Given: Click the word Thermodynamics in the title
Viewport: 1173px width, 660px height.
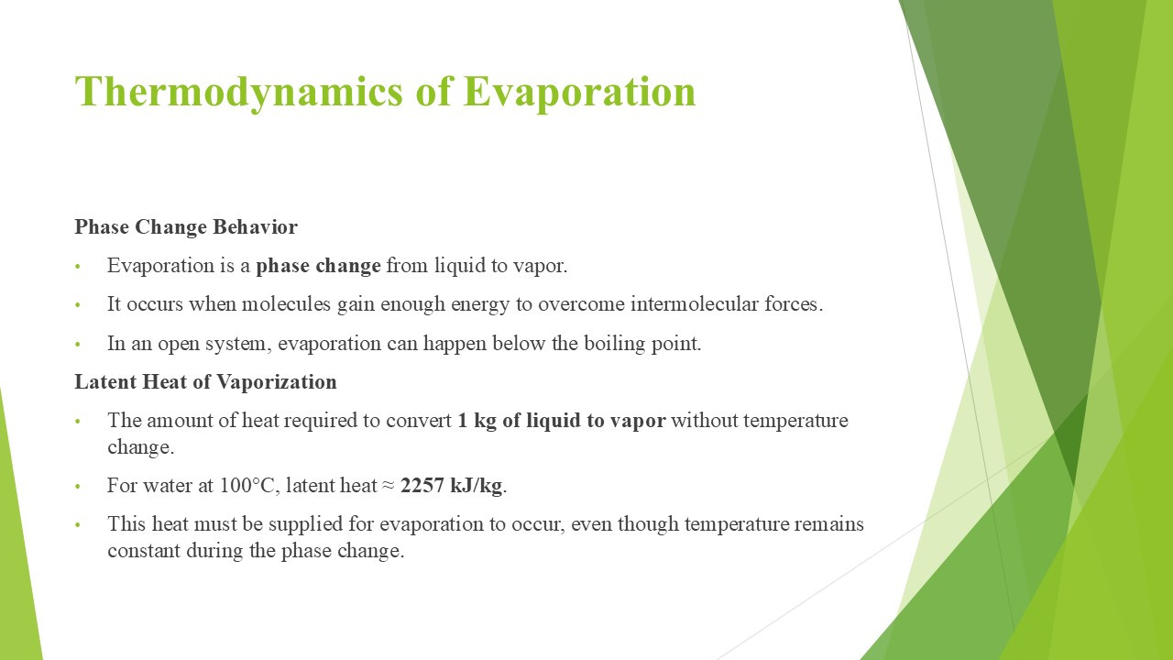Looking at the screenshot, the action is point(239,93).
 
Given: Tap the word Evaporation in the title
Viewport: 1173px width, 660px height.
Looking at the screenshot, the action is point(579,93).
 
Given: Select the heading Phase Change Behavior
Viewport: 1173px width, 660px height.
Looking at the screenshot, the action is point(186,227).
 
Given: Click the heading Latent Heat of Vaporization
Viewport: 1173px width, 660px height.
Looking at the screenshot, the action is point(205,382).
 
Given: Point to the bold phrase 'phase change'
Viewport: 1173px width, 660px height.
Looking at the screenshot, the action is point(318,266).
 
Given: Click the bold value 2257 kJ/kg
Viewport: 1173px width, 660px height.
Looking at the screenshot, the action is point(451,486).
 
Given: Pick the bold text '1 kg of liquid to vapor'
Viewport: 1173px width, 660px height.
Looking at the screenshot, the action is point(562,421).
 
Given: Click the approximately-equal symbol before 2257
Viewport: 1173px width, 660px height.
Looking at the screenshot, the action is point(388,486).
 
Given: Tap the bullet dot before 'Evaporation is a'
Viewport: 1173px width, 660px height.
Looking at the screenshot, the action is point(78,267).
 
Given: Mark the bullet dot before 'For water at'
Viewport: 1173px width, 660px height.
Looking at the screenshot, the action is point(78,487).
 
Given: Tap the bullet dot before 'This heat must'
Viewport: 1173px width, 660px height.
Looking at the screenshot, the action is point(78,525).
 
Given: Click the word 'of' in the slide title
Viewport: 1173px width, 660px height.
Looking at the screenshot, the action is point(433,93).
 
